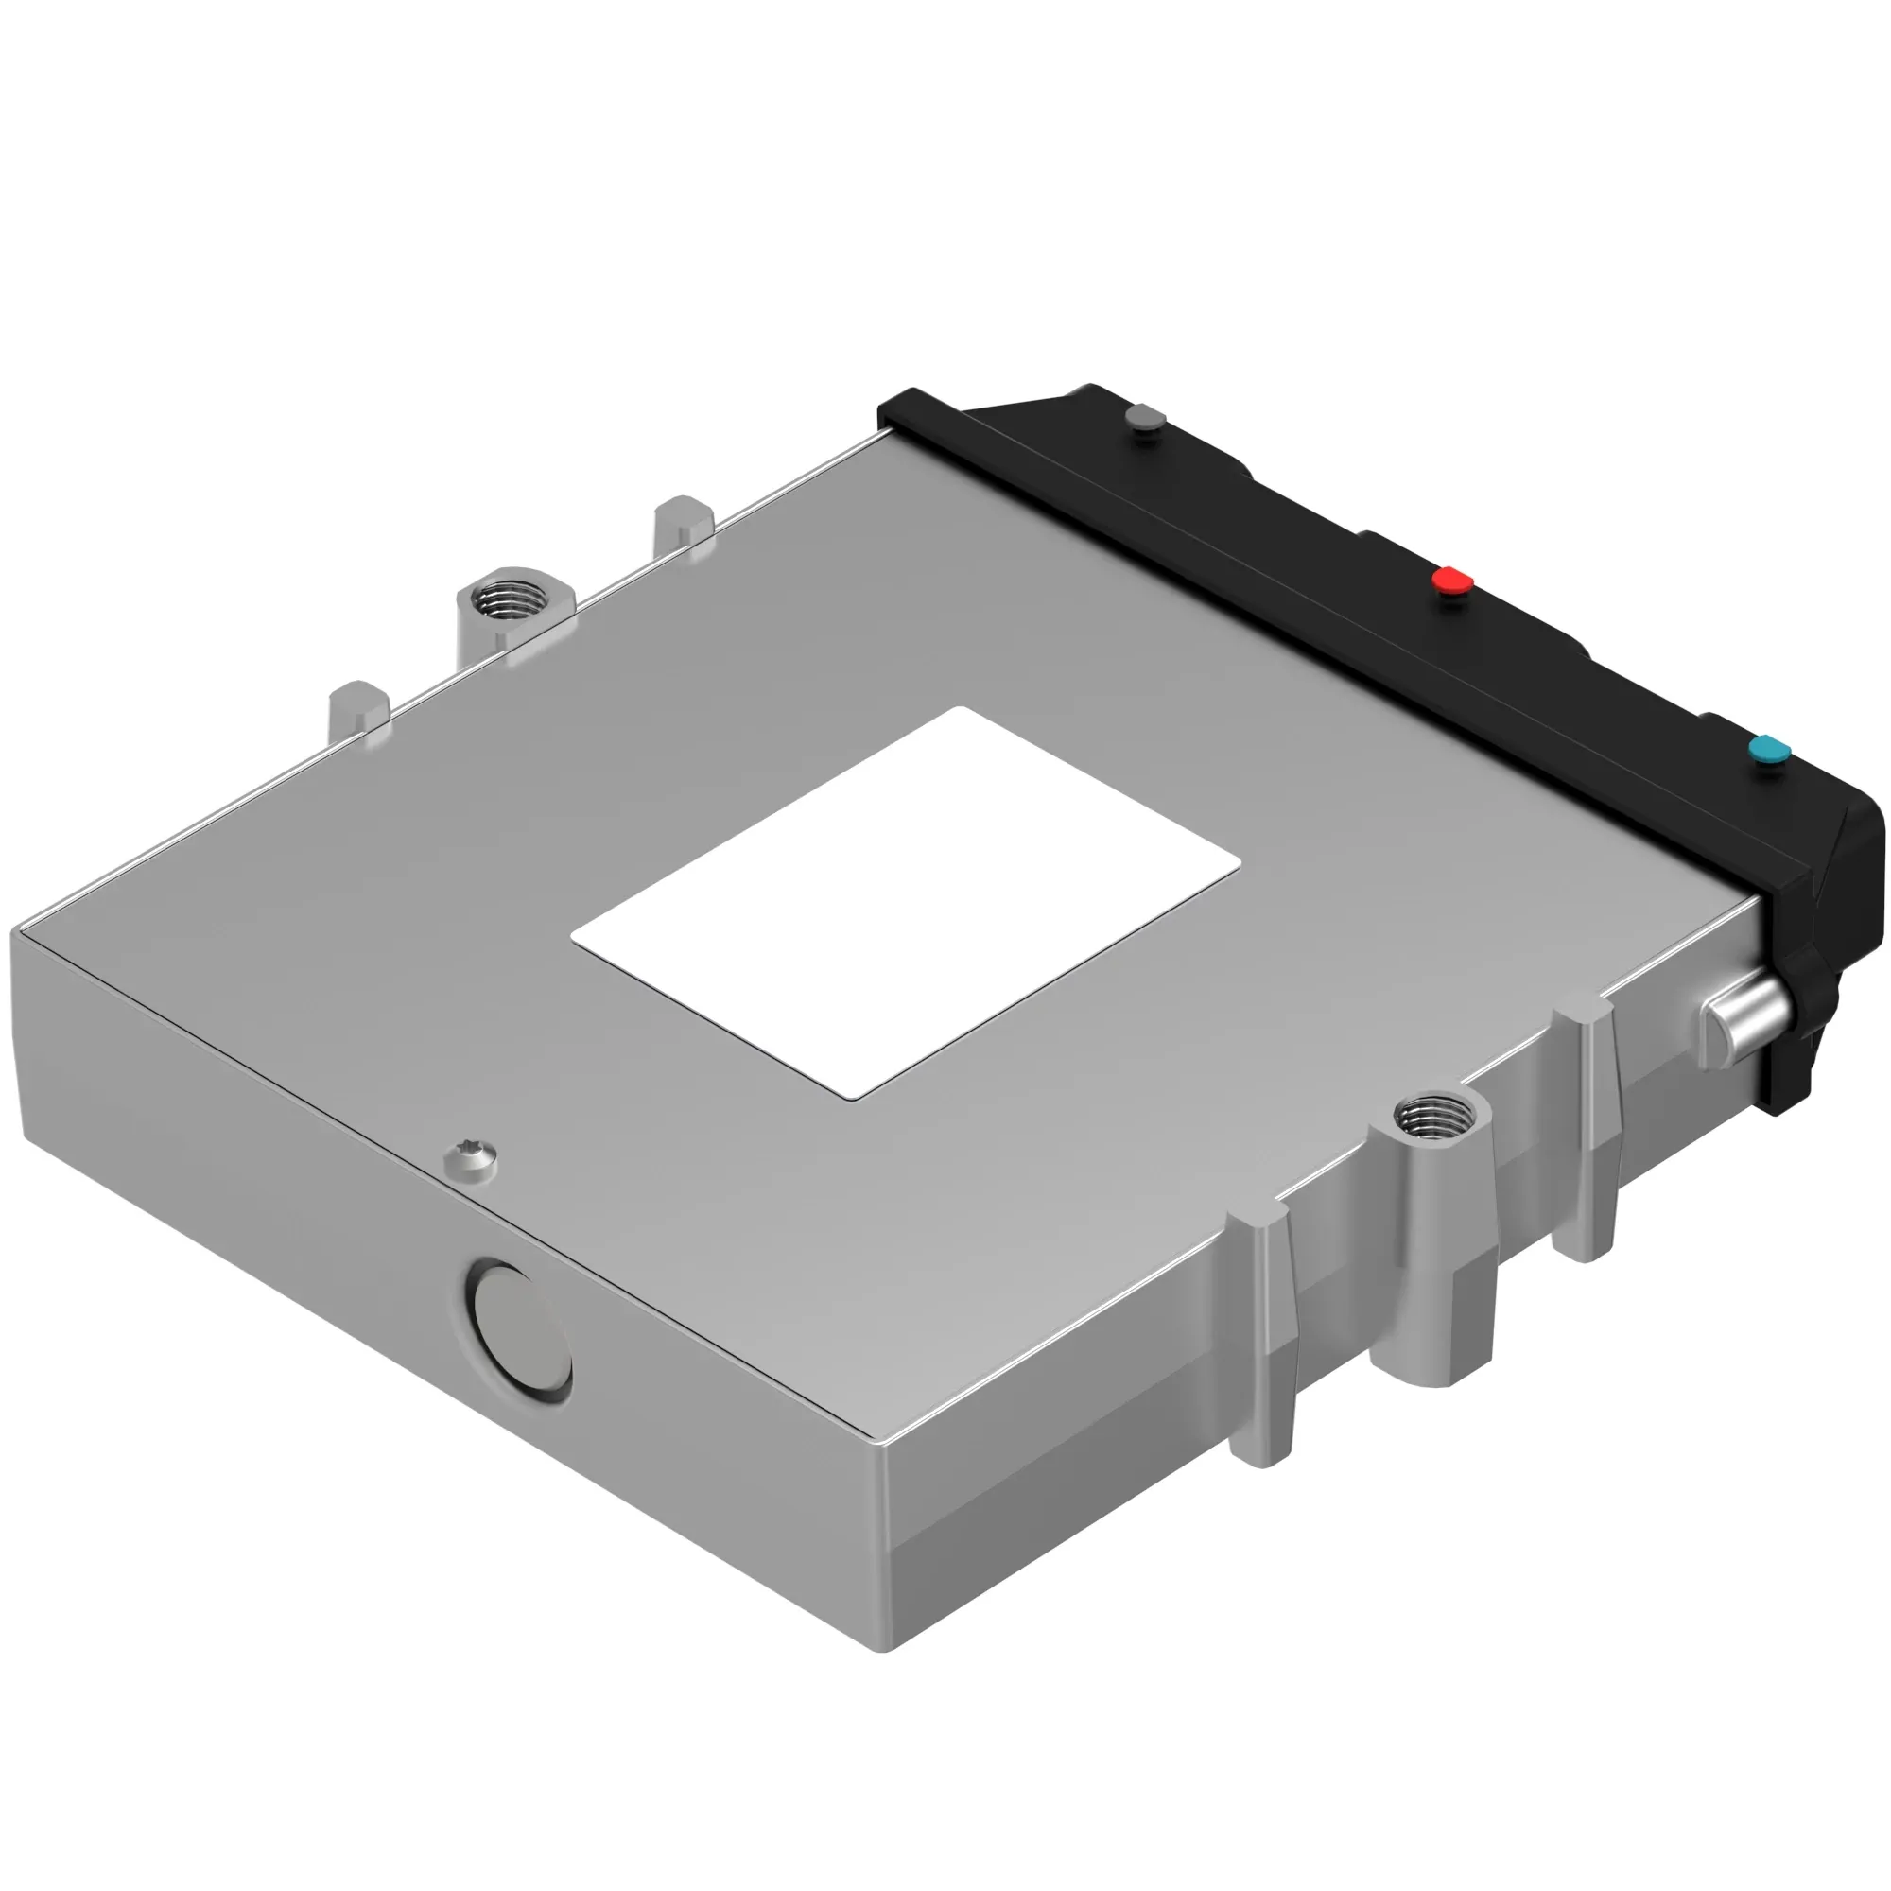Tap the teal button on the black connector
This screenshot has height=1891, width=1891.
click(x=1769, y=751)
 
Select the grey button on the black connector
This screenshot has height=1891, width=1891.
click(x=1144, y=418)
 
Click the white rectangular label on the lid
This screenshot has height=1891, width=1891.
click(x=906, y=901)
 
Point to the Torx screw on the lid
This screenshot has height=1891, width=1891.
click(x=471, y=1157)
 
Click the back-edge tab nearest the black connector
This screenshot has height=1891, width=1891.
click(x=684, y=521)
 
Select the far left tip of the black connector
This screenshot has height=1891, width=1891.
click(x=884, y=408)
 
